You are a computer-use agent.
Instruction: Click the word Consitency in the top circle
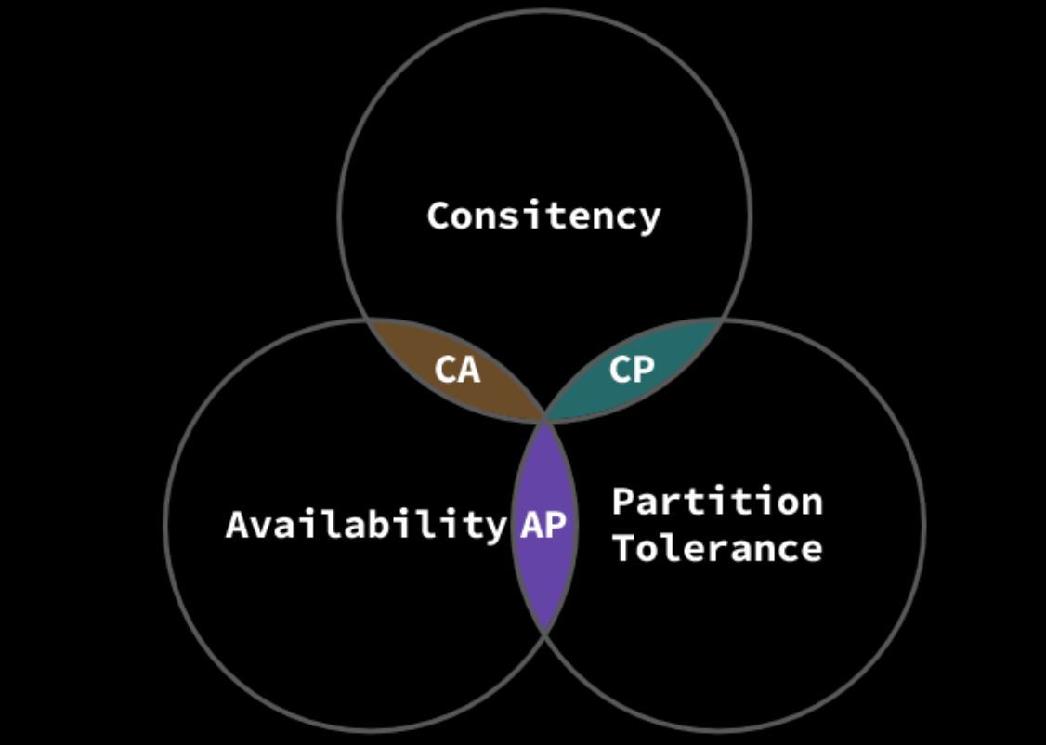click(543, 216)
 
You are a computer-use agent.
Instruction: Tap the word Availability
click(366, 525)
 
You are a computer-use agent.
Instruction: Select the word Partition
click(717, 502)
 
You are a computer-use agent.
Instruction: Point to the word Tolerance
click(717, 547)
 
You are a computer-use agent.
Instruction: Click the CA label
click(457, 370)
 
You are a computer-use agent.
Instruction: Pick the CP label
click(632, 370)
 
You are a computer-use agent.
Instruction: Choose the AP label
click(543, 525)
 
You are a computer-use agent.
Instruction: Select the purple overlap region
click(544, 576)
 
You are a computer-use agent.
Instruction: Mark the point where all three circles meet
click(545, 421)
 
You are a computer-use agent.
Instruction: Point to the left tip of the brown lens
click(370, 320)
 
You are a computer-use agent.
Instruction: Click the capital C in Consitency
click(438, 216)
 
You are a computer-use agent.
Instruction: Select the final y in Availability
click(496, 528)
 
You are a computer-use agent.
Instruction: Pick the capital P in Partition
click(623, 502)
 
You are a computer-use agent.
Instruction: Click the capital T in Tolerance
click(623, 547)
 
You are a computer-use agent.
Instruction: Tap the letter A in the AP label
click(531, 525)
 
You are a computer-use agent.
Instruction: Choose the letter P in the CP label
click(644, 370)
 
